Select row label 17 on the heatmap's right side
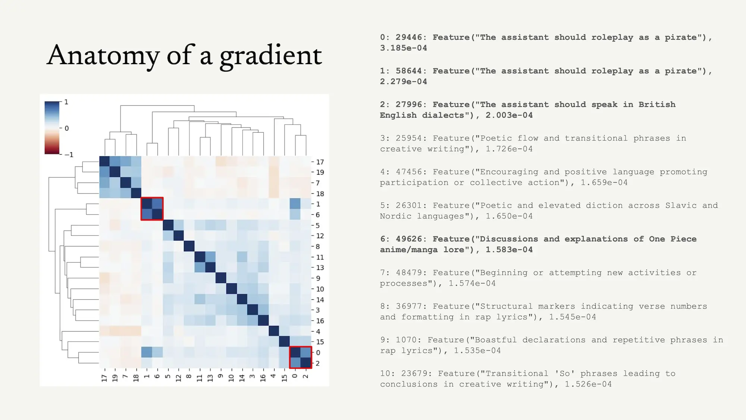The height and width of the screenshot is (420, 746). [x=320, y=162]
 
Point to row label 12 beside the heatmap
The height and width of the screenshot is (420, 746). [x=320, y=236]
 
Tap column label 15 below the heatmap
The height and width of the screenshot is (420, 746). [x=284, y=378]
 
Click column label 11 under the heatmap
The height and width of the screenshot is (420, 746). [x=200, y=378]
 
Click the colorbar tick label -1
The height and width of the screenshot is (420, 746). [x=69, y=155]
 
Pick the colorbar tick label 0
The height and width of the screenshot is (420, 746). [x=67, y=128]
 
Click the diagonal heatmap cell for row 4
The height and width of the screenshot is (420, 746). [x=274, y=331]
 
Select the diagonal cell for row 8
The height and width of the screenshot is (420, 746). [x=189, y=246]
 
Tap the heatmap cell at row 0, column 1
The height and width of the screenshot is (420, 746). [x=147, y=352]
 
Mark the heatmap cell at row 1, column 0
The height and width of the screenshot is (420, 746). [x=295, y=204]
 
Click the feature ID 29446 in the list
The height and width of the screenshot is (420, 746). [x=409, y=37]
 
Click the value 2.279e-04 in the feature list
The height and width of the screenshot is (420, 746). [x=404, y=81]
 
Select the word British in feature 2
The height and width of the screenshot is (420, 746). [x=657, y=105]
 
